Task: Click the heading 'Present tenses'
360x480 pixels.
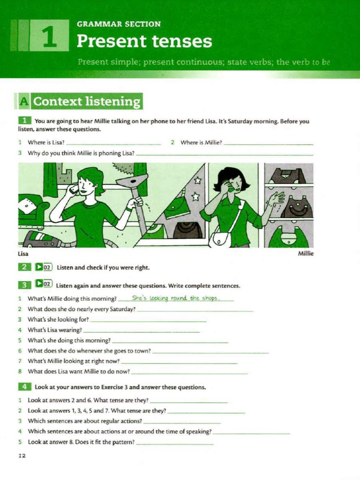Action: tap(144, 41)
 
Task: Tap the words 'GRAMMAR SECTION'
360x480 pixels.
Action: tap(119, 24)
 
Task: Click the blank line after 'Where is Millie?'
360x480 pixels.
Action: tap(268, 143)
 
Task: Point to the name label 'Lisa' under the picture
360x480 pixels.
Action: tap(23, 254)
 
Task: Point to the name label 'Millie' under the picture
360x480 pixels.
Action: tap(306, 254)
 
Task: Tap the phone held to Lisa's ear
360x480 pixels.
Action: tap(73, 189)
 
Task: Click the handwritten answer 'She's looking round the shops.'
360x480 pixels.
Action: tap(176, 298)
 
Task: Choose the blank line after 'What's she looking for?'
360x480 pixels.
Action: tap(148, 321)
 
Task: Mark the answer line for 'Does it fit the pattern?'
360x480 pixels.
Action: tap(174, 443)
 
